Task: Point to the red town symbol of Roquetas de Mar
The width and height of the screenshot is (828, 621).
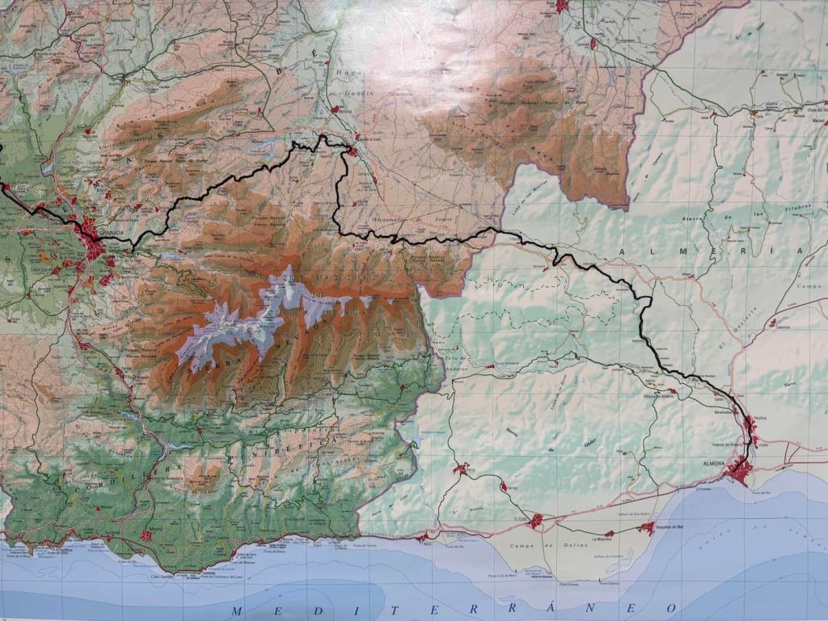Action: pos(646,528)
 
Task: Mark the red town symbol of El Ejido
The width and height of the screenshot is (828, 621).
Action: pos(535,522)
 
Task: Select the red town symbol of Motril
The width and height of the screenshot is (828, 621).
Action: pos(146,534)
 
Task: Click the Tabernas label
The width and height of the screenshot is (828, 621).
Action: pos(781,327)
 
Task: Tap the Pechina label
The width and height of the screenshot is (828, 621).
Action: pos(758,418)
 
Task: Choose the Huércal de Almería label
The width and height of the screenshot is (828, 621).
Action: pos(725,446)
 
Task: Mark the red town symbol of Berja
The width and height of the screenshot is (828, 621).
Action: pos(461,468)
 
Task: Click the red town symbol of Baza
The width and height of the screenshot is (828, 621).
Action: pos(562,6)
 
